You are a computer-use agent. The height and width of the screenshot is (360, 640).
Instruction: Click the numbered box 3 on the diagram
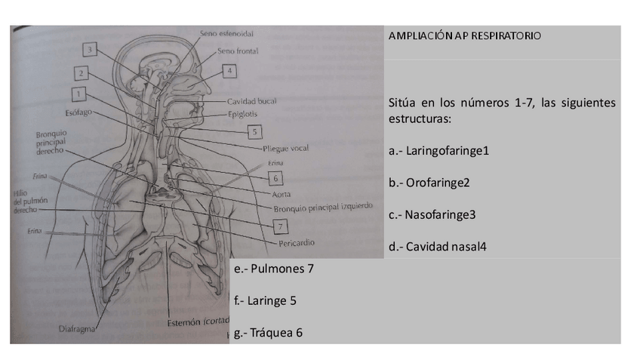[x=90, y=50]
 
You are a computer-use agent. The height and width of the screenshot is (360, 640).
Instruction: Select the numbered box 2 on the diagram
[x=81, y=73]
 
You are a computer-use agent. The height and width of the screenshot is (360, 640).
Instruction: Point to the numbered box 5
[x=256, y=131]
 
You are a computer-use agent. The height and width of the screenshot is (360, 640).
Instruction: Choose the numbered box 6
[x=276, y=178]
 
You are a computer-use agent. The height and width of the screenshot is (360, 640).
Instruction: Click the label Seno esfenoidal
[x=226, y=34]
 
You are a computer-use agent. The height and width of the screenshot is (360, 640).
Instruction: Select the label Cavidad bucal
[x=252, y=101]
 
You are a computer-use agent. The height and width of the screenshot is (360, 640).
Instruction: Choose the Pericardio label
[x=295, y=243]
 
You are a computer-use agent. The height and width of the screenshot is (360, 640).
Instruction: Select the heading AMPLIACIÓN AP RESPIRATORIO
[x=464, y=36]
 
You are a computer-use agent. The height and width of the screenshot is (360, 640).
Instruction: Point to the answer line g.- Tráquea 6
[x=268, y=332]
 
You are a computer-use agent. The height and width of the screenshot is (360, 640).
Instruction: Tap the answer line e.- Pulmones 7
[x=273, y=268]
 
